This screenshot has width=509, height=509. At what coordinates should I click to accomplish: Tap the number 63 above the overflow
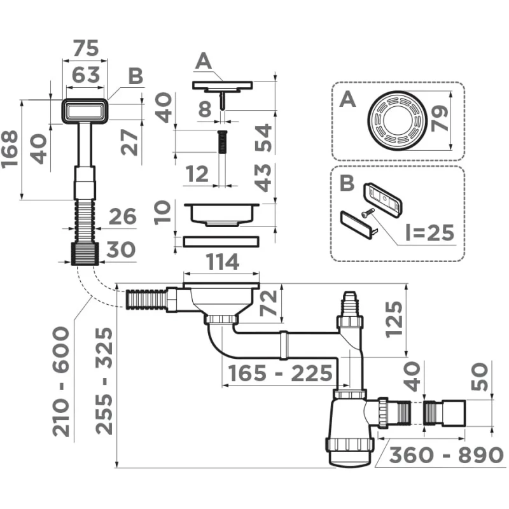coord(86,75)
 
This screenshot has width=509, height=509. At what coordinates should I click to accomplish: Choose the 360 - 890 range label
coord(445,456)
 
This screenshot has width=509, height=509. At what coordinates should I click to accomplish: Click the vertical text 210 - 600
coord(62,381)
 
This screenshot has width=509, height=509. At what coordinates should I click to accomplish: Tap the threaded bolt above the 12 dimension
coord(222,141)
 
